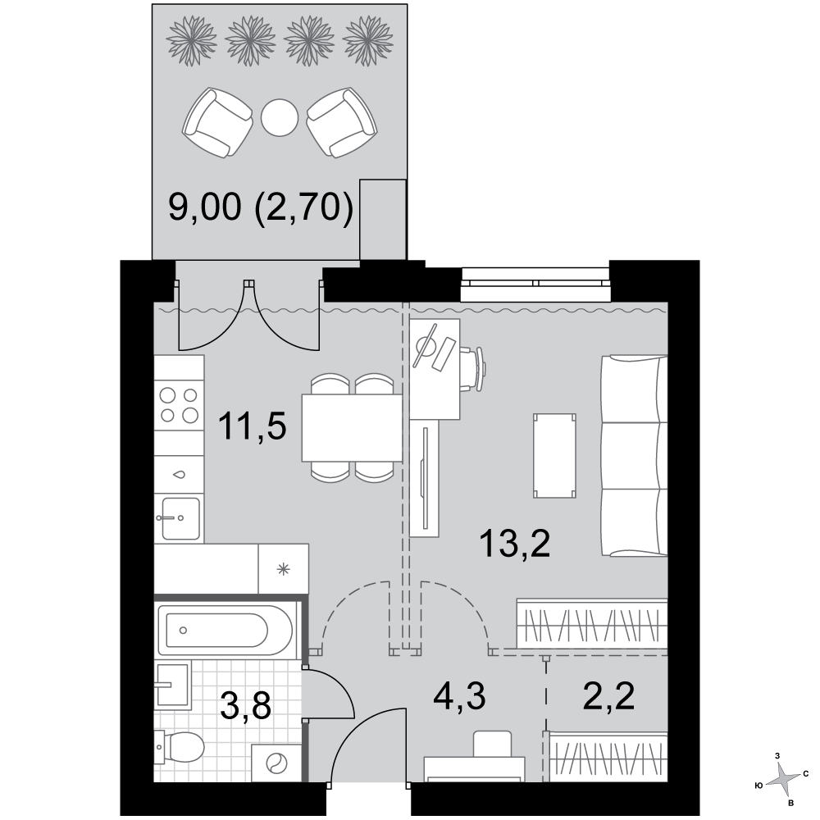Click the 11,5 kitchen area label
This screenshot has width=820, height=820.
click(253, 426)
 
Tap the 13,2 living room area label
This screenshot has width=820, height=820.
click(515, 544)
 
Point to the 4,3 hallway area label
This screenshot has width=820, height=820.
click(460, 696)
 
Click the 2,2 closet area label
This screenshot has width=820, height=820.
click(608, 696)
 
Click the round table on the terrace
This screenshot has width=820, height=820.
click(280, 118)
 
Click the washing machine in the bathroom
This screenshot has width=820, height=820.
click(276, 764)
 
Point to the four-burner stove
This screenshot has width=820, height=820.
click(179, 405)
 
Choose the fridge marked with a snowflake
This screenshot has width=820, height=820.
click(283, 569)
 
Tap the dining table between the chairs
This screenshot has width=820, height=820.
click(352, 428)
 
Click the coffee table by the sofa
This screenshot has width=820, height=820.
click(554, 455)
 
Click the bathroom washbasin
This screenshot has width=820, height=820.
click(172, 685)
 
